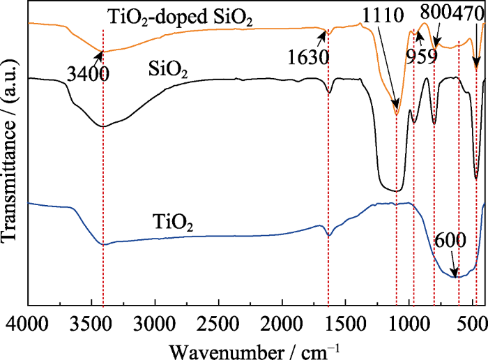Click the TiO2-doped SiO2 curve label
(179, 15)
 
